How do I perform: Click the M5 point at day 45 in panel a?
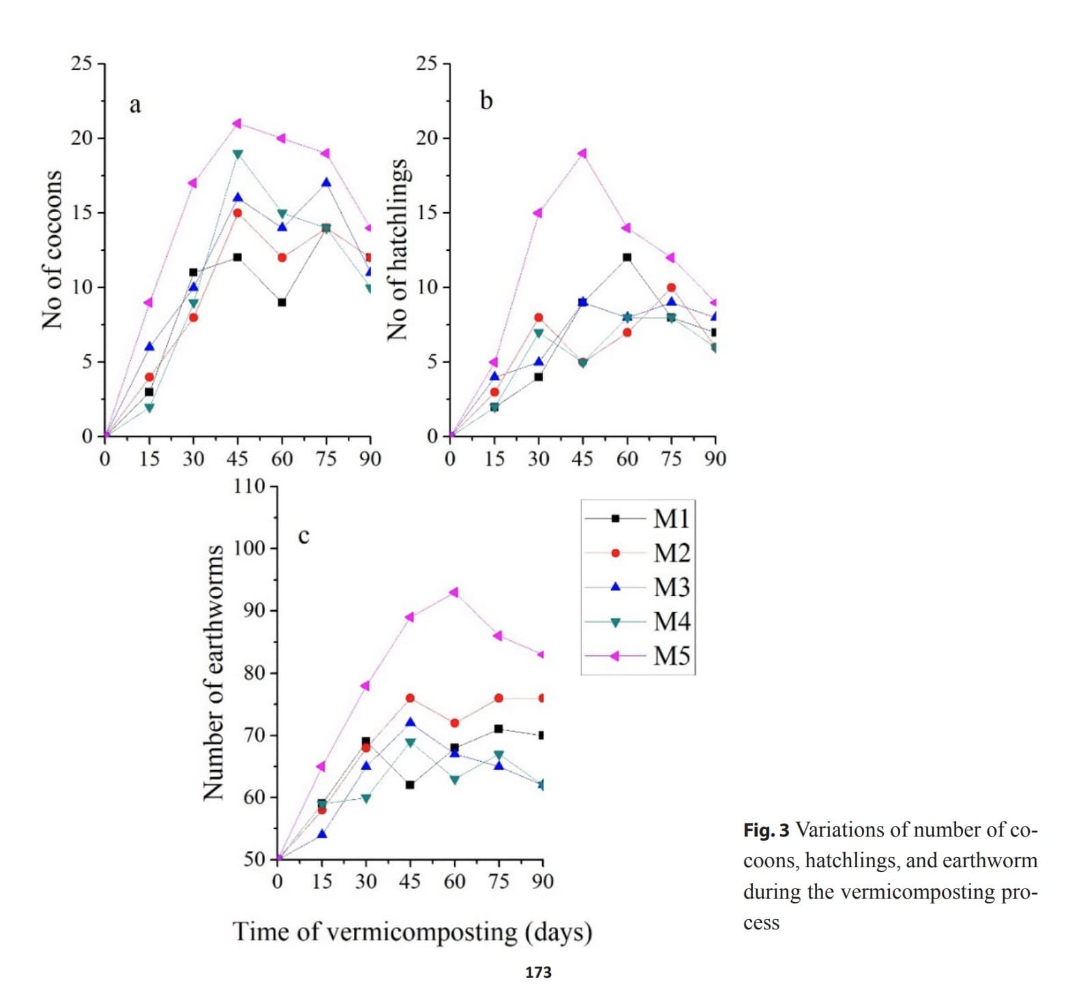click(237, 123)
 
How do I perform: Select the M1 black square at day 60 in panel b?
click(627, 258)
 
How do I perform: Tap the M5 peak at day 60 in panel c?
click(454, 592)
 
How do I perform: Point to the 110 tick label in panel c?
click(249, 486)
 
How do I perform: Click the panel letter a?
click(135, 105)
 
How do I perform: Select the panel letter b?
click(486, 101)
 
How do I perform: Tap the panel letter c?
click(303, 536)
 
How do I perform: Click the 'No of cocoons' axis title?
click(53, 250)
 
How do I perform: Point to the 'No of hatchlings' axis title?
click(398, 250)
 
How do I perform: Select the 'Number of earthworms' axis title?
click(213, 672)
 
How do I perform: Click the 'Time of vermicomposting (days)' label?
click(412, 932)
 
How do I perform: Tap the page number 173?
click(538, 972)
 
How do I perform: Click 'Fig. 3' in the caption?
click(766, 830)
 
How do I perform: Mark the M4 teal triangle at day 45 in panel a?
click(237, 155)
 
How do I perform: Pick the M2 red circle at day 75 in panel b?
click(671, 288)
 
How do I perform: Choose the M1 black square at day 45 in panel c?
click(410, 785)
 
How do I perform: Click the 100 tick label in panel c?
click(249, 548)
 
